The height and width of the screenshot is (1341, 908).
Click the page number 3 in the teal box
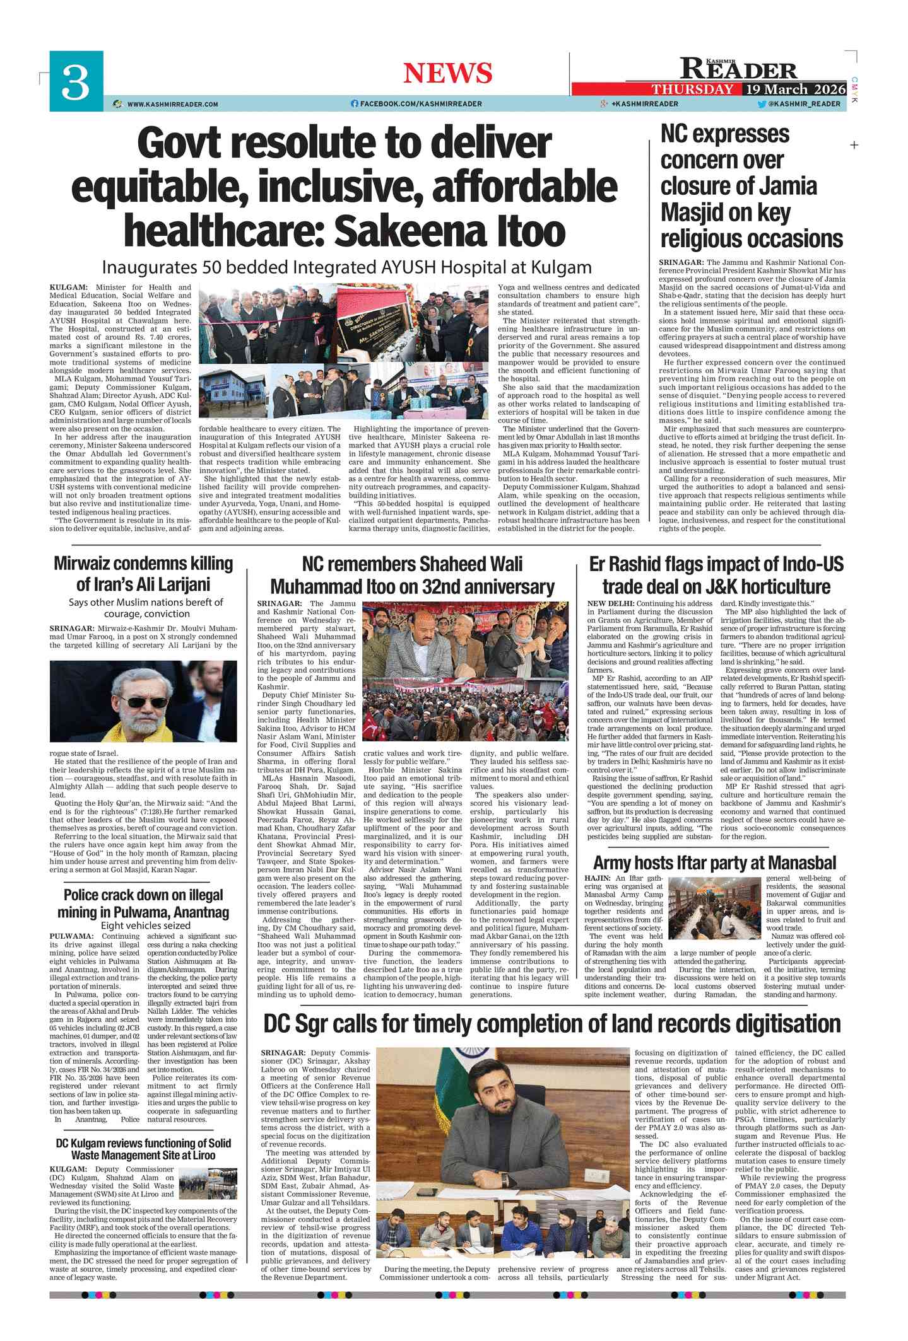[76, 83]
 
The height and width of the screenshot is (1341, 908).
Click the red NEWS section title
[447, 73]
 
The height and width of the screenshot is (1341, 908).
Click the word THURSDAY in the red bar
[692, 89]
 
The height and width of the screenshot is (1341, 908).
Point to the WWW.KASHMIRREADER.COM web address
[172, 104]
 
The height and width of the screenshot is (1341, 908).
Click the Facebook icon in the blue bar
[355, 104]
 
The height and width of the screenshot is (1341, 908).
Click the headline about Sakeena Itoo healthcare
[345, 187]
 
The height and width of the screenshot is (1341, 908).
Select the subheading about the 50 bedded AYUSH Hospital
[346, 267]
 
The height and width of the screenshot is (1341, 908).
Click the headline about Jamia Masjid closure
[751, 187]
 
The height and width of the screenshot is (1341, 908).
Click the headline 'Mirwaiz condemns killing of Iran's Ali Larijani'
[143, 573]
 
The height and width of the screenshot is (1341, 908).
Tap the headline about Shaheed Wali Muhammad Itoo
[412, 575]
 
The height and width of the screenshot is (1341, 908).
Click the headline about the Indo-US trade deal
[716, 575]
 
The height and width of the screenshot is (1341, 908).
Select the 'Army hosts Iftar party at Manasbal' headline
[714, 863]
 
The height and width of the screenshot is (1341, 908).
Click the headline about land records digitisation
[552, 1023]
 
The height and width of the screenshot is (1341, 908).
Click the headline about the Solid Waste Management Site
[143, 1149]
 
